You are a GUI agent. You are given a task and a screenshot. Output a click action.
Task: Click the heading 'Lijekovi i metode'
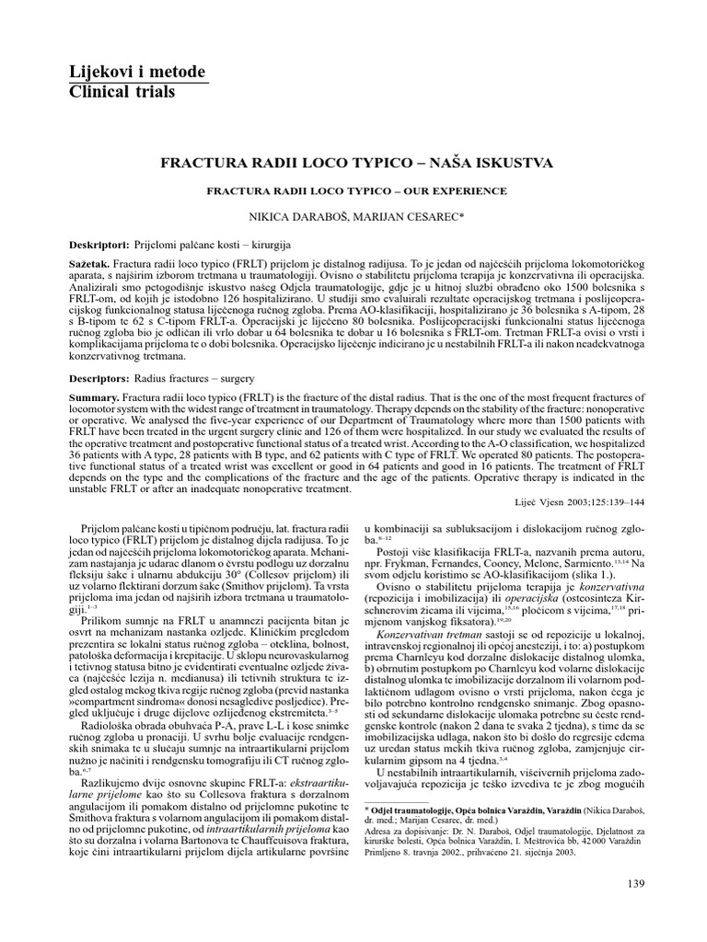[137, 73]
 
